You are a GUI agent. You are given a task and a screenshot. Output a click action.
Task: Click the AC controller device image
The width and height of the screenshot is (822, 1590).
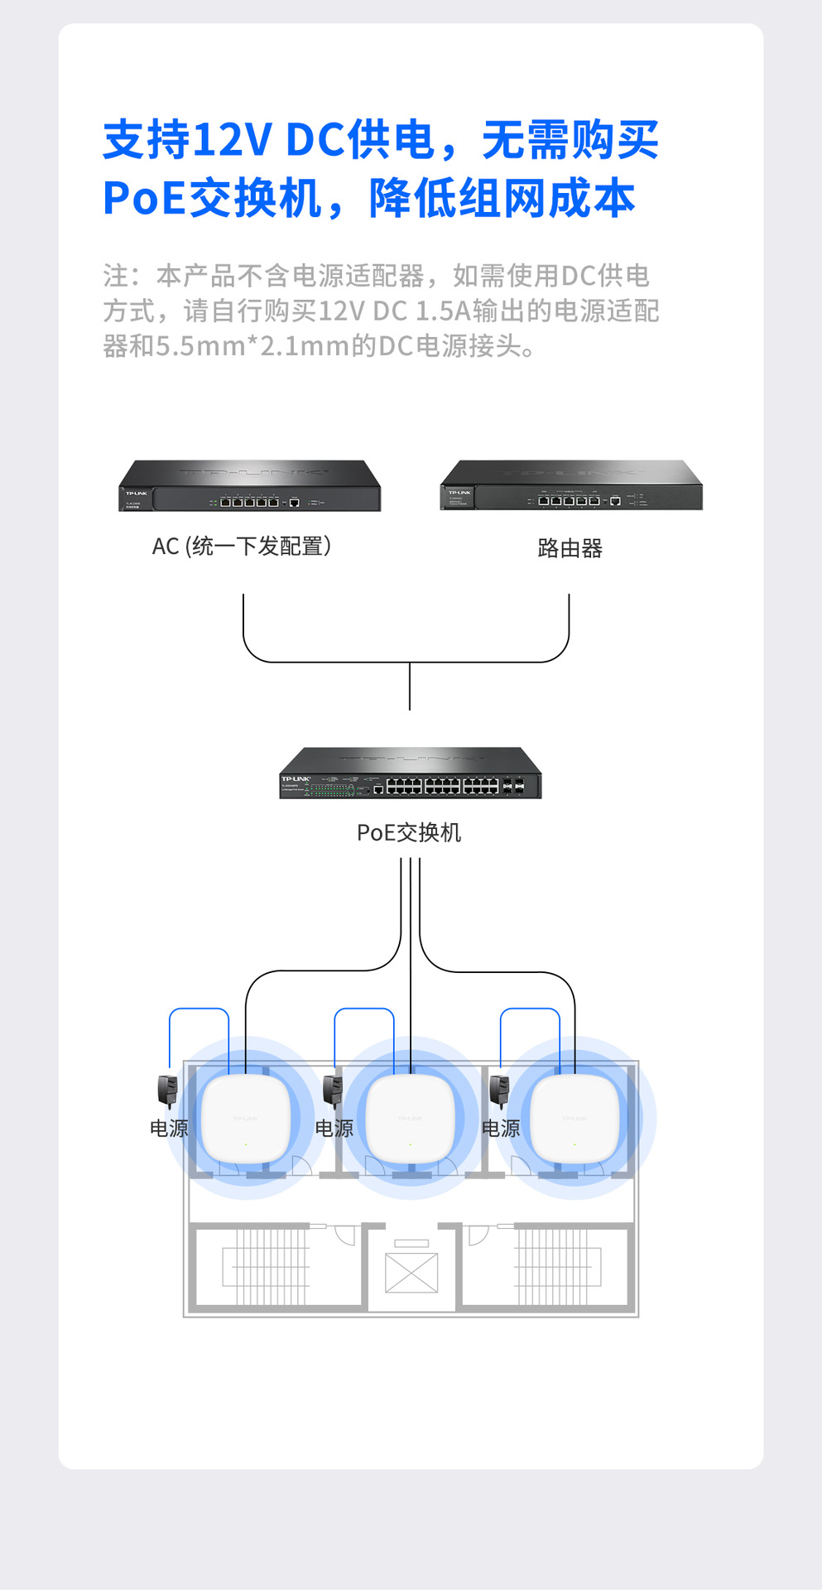point(249,486)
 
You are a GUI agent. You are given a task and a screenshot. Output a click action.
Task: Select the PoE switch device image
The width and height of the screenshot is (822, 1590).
point(410,773)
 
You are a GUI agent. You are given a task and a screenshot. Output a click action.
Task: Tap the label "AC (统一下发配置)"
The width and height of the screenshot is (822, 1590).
point(242,547)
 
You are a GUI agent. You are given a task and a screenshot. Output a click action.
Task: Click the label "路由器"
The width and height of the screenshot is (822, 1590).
point(570,548)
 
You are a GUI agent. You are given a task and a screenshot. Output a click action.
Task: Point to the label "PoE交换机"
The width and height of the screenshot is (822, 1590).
point(409,832)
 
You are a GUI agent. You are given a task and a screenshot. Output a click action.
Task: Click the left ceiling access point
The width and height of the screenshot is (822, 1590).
point(246,1119)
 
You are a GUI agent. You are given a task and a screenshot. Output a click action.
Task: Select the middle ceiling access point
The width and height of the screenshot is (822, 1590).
point(411,1119)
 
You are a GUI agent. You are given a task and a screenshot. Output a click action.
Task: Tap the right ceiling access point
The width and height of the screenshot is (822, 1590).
point(574,1119)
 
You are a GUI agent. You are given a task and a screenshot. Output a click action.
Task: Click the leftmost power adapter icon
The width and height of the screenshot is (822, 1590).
point(168,1091)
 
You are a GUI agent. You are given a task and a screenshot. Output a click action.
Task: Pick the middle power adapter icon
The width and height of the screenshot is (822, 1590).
point(333,1091)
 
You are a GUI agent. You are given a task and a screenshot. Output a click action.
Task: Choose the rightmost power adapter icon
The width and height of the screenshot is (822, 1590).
point(500,1091)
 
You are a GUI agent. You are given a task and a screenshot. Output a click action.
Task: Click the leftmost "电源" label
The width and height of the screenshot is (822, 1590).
point(169,1128)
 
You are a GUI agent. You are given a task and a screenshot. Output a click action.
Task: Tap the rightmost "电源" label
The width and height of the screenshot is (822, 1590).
point(501,1128)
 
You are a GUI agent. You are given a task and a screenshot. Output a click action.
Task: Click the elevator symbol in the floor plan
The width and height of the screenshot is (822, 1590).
point(411,1272)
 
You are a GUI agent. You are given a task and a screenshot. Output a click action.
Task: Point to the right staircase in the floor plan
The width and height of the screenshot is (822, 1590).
point(557,1267)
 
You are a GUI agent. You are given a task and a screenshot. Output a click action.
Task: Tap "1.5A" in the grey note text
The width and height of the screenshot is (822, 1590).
point(442,311)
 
